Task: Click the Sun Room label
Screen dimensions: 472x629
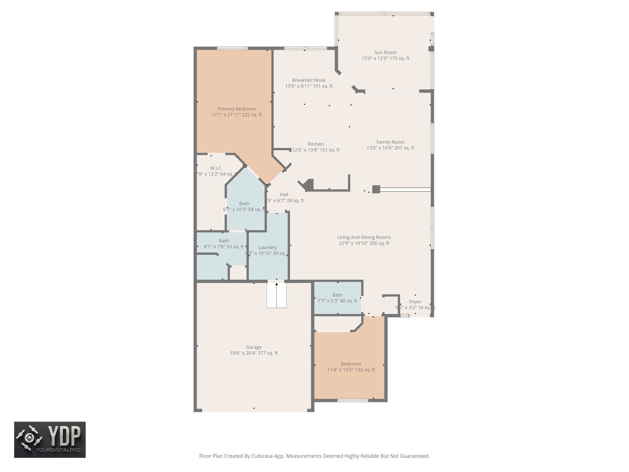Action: pos(385,53)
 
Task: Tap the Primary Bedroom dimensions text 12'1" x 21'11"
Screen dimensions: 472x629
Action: pos(236,115)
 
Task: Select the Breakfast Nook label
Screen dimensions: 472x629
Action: pos(309,80)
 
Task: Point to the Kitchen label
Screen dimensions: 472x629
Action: pos(315,144)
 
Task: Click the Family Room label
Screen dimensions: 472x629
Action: pos(390,142)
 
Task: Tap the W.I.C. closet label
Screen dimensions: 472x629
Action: pos(216,168)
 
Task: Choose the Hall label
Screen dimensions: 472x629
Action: pos(284,195)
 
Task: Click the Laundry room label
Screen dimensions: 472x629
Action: pos(268,247)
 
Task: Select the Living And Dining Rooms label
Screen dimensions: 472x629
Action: pos(364,237)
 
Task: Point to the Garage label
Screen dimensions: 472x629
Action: pos(254,347)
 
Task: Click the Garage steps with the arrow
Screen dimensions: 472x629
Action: pos(276,295)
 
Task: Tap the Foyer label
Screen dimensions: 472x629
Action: pos(415,302)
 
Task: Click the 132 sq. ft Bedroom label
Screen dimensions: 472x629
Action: pos(351,364)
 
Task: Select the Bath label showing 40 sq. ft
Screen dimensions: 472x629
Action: pos(337,295)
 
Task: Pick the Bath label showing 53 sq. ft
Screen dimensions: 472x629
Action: pos(224,241)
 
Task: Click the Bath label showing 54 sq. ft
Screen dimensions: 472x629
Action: pos(244,203)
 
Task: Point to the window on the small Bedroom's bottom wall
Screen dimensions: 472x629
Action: pos(353,400)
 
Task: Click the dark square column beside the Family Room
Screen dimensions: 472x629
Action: pos(376,189)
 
